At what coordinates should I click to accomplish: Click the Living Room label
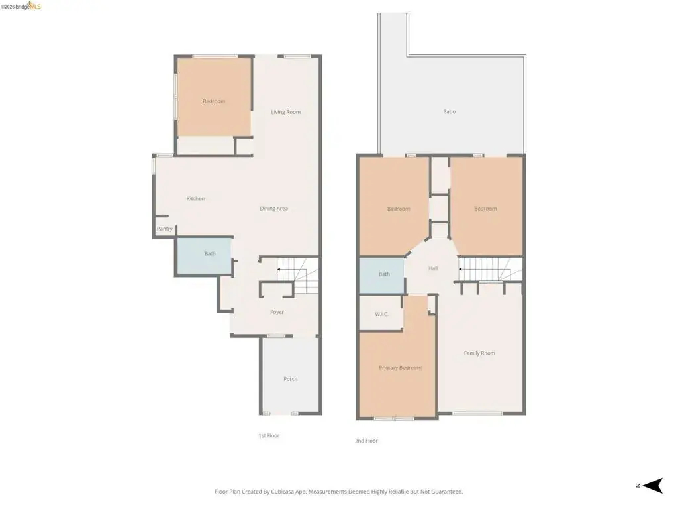pyautogui.click(x=286, y=112)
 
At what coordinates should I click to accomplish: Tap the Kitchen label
pyautogui.click(x=195, y=199)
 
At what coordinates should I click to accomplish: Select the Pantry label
pyautogui.click(x=164, y=229)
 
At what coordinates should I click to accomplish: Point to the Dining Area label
pyautogui.click(x=273, y=209)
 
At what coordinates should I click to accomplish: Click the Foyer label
pyautogui.click(x=277, y=312)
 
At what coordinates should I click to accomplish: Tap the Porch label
pyautogui.click(x=291, y=379)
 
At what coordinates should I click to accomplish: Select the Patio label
pyautogui.click(x=450, y=111)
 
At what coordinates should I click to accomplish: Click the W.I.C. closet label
pyautogui.click(x=381, y=314)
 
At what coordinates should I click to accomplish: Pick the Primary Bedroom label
pyautogui.click(x=400, y=368)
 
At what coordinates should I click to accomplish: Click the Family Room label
pyautogui.click(x=479, y=353)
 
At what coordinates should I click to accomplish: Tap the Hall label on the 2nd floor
pyautogui.click(x=433, y=268)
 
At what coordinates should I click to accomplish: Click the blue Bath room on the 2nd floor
pyautogui.click(x=382, y=276)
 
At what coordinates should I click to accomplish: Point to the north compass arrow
pyautogui.click(x=653, y=486)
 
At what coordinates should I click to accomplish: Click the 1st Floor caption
pyautogui.click(x=269, y=436)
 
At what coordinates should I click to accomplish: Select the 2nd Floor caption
pyautogui.click(x=366, y=441)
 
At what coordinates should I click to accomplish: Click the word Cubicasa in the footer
pyautogui.click(x=283, y=492)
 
